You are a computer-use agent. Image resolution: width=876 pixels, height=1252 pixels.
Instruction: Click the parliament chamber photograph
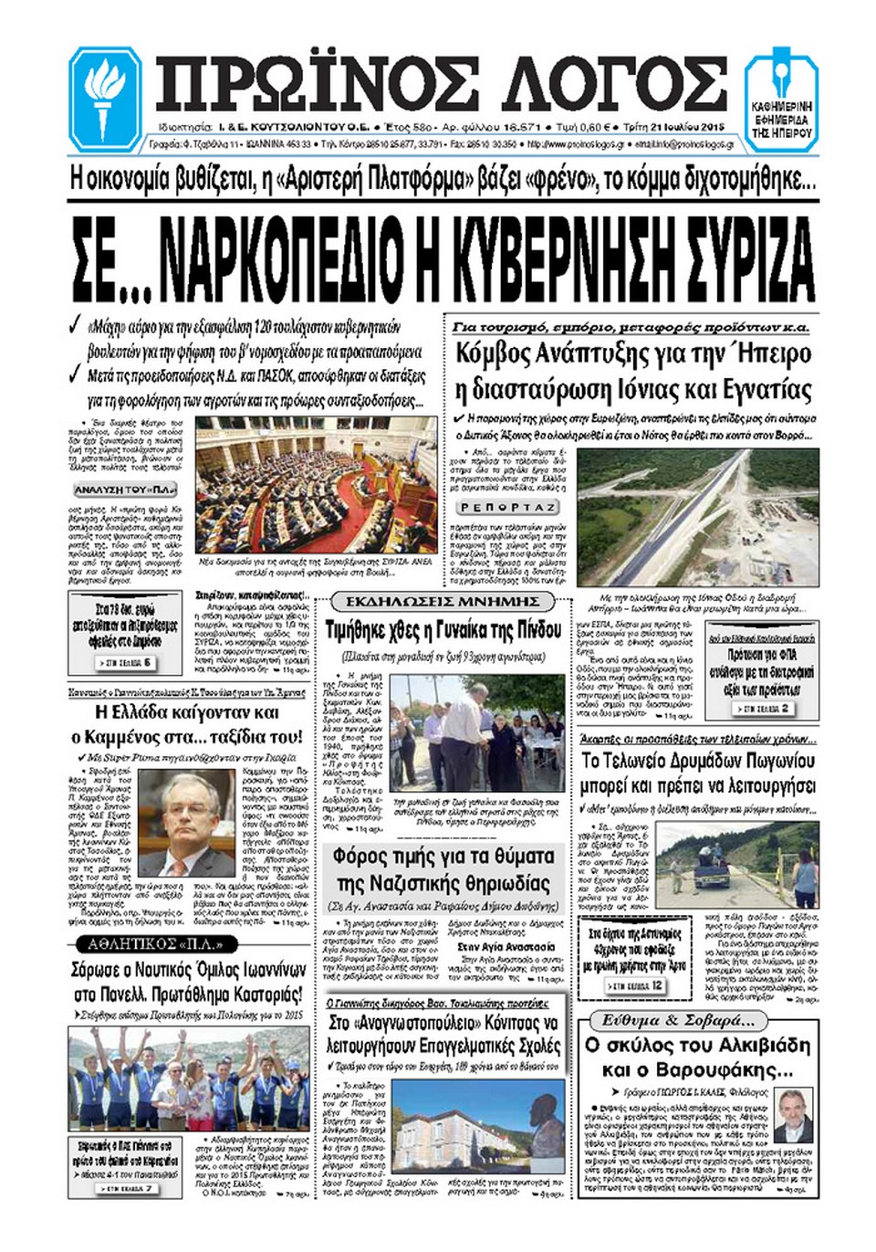pos(317,484)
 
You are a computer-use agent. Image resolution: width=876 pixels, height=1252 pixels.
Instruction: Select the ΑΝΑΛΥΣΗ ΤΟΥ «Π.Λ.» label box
pos(112,490)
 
